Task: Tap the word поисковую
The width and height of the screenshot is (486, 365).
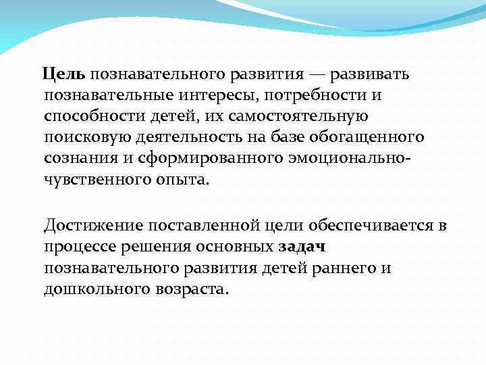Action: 80,137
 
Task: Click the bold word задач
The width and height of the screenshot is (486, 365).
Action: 302,247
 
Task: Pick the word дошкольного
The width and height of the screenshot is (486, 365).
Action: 90,290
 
